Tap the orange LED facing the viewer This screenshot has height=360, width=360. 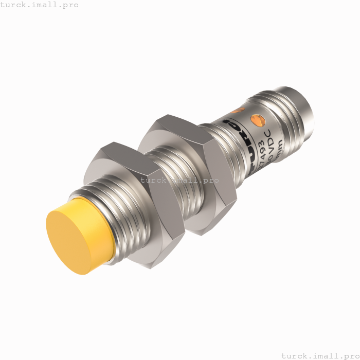click(256, 121)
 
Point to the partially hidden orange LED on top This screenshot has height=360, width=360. click(236, 110)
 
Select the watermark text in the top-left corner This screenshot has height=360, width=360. click(40, 5)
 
